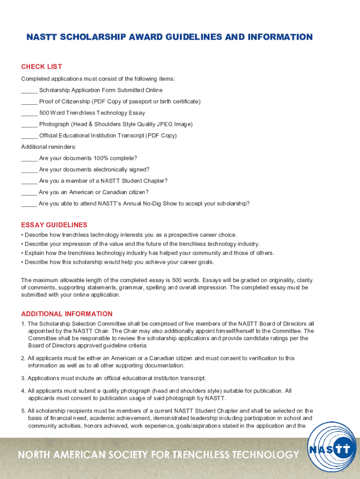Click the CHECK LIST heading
[42, 67]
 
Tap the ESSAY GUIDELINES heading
[54, 225]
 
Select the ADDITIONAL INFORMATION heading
[67, 314]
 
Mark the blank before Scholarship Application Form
[29, 90]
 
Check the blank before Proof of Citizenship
[29, 102]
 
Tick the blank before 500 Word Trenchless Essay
[29, 113]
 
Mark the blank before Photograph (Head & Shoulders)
[29, 124]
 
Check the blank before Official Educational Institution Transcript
[29, 136]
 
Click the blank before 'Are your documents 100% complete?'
[29, 158]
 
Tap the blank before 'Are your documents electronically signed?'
[29, 170]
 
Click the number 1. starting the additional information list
[23, 324]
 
